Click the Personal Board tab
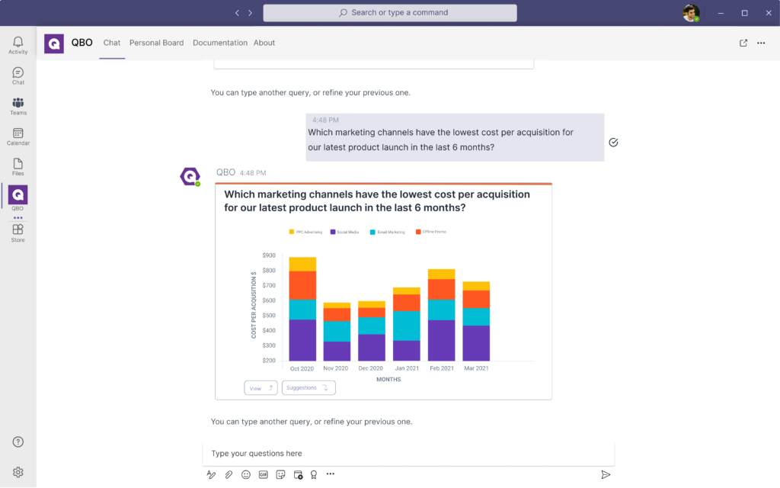(156, 43)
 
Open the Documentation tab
(220, 43)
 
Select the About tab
(264, 43)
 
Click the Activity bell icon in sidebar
(18, 44)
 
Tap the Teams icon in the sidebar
(18, 105)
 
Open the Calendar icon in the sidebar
(18, 136)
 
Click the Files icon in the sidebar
(18, 166)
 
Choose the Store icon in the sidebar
(18, 232)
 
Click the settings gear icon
(18, 472)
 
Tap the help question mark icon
(18, 442)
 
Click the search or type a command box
(390, 13)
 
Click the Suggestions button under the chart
(308, 388)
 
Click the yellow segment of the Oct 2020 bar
(302, 264)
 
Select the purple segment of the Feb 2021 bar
(441, 340)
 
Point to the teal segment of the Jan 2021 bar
(407, 326)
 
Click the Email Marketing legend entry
(388, 232)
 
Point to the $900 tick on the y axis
(268, 255)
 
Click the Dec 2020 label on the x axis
(372, 368)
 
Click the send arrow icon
(606, 474)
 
